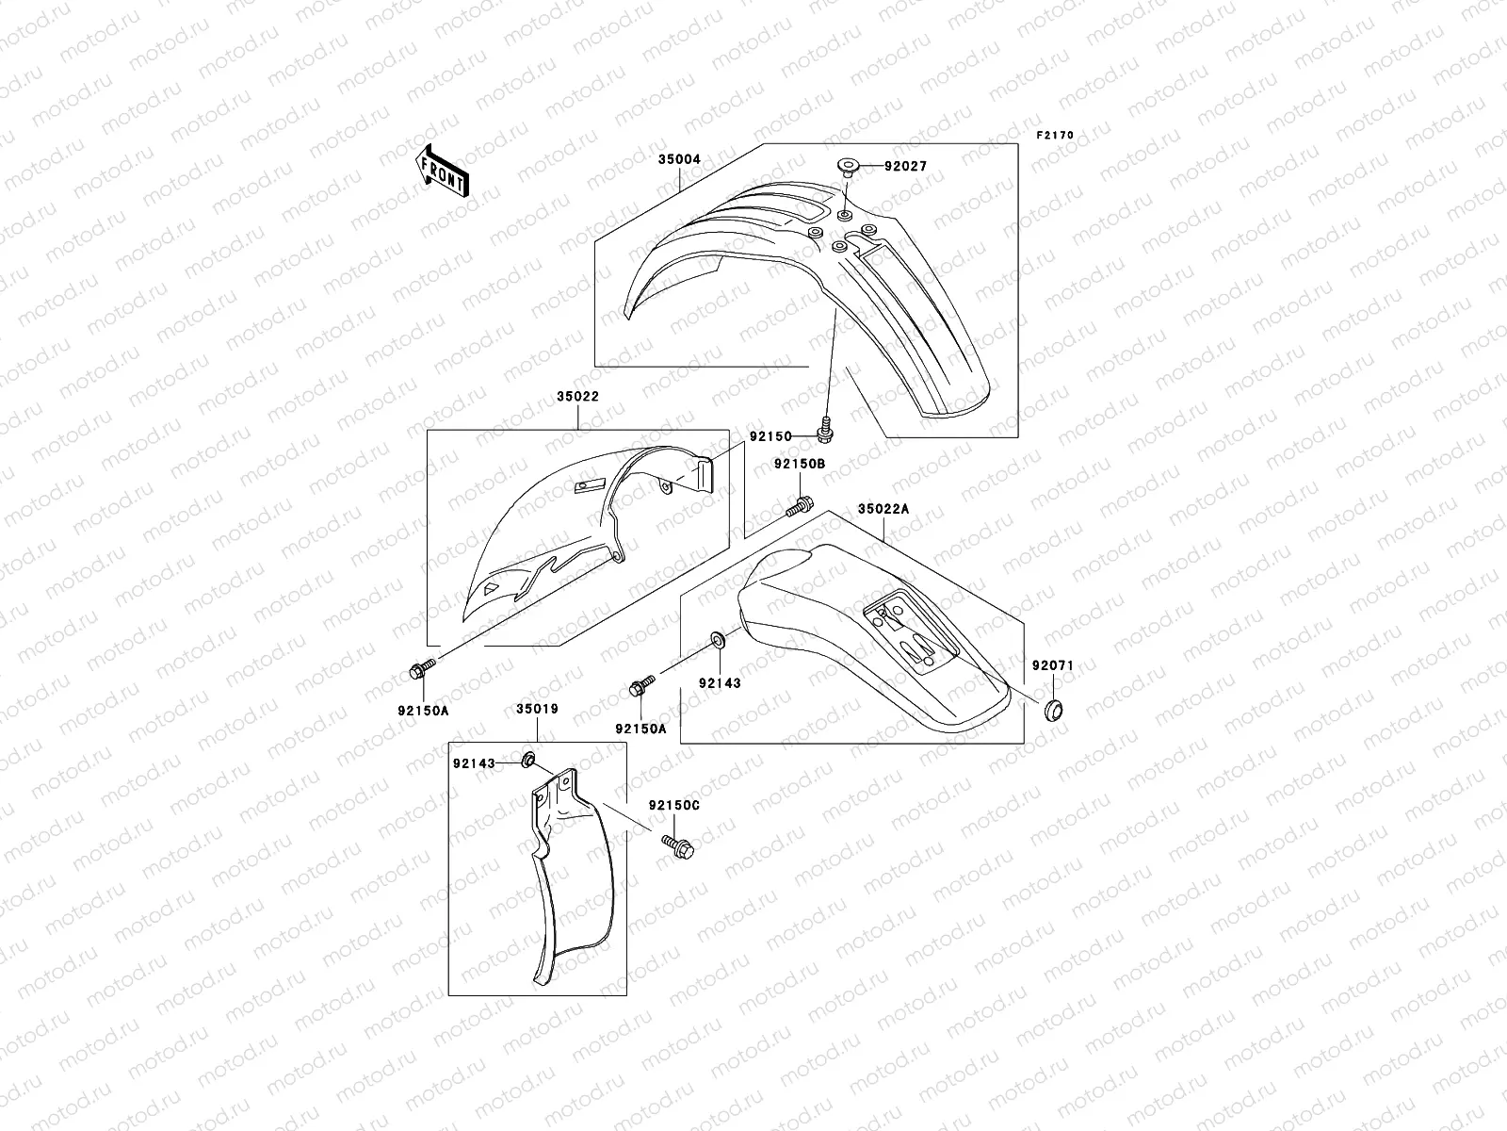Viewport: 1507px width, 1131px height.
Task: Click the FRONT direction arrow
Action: pos(444,171)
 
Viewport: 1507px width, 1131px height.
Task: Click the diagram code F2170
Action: pos(1055,135)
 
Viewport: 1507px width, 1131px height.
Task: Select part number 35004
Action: pos(679,159)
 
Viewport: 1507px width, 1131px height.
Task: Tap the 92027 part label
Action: pos(905,166)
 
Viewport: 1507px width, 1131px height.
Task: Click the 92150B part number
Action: pos(800,465)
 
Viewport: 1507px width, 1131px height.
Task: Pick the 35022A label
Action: pos(883,508)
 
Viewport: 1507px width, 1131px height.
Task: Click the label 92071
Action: pos(1052,664)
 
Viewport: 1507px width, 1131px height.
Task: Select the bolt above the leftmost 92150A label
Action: pos(421,670)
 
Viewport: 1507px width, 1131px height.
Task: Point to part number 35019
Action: pos(538,709)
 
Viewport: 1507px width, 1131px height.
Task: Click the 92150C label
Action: pos(673,806)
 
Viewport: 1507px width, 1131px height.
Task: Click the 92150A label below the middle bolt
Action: pos(640,729)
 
